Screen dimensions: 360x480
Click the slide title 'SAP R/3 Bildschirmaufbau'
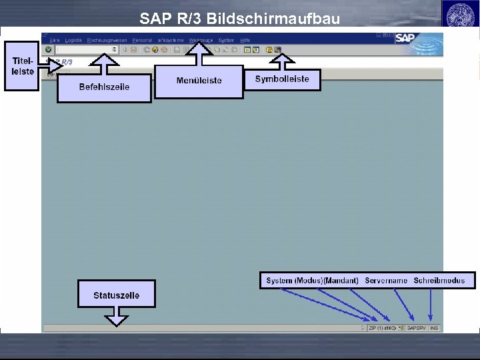(240, 19)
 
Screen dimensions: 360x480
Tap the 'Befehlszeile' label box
(104, 87)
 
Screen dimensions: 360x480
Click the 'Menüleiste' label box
(199, 81)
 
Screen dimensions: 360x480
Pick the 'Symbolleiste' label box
(282, 79)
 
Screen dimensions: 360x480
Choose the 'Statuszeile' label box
(117, 295)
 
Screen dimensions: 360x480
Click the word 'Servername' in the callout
(386, 281)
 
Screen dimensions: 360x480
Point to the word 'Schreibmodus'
(439, 281)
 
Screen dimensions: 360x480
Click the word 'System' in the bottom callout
(279, 281)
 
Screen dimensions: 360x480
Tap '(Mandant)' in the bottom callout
(341, 281)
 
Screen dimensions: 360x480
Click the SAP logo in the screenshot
(406, 38)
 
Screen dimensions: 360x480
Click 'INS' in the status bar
(434, 328)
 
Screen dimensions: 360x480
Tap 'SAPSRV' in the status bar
(415, 328)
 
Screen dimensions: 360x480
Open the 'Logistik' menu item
(73, 40)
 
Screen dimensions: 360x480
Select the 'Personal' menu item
(142, 40)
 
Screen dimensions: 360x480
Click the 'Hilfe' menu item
(245, 40)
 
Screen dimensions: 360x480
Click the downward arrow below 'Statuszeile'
(117, 317)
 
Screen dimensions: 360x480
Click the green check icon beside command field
(48, 49)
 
